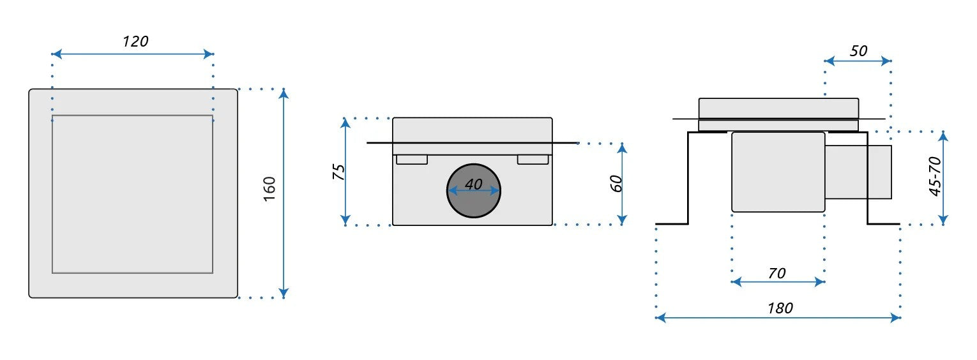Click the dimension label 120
[135, 41]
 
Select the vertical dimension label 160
[269, 189]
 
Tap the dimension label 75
[338, 172]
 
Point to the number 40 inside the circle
[474, 184]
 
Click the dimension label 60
[616, 183]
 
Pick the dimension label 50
[858, 51]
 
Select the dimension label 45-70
[935, 176]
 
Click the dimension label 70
[776, 273]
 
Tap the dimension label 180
[780, 308]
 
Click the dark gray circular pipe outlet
[474, 191]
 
